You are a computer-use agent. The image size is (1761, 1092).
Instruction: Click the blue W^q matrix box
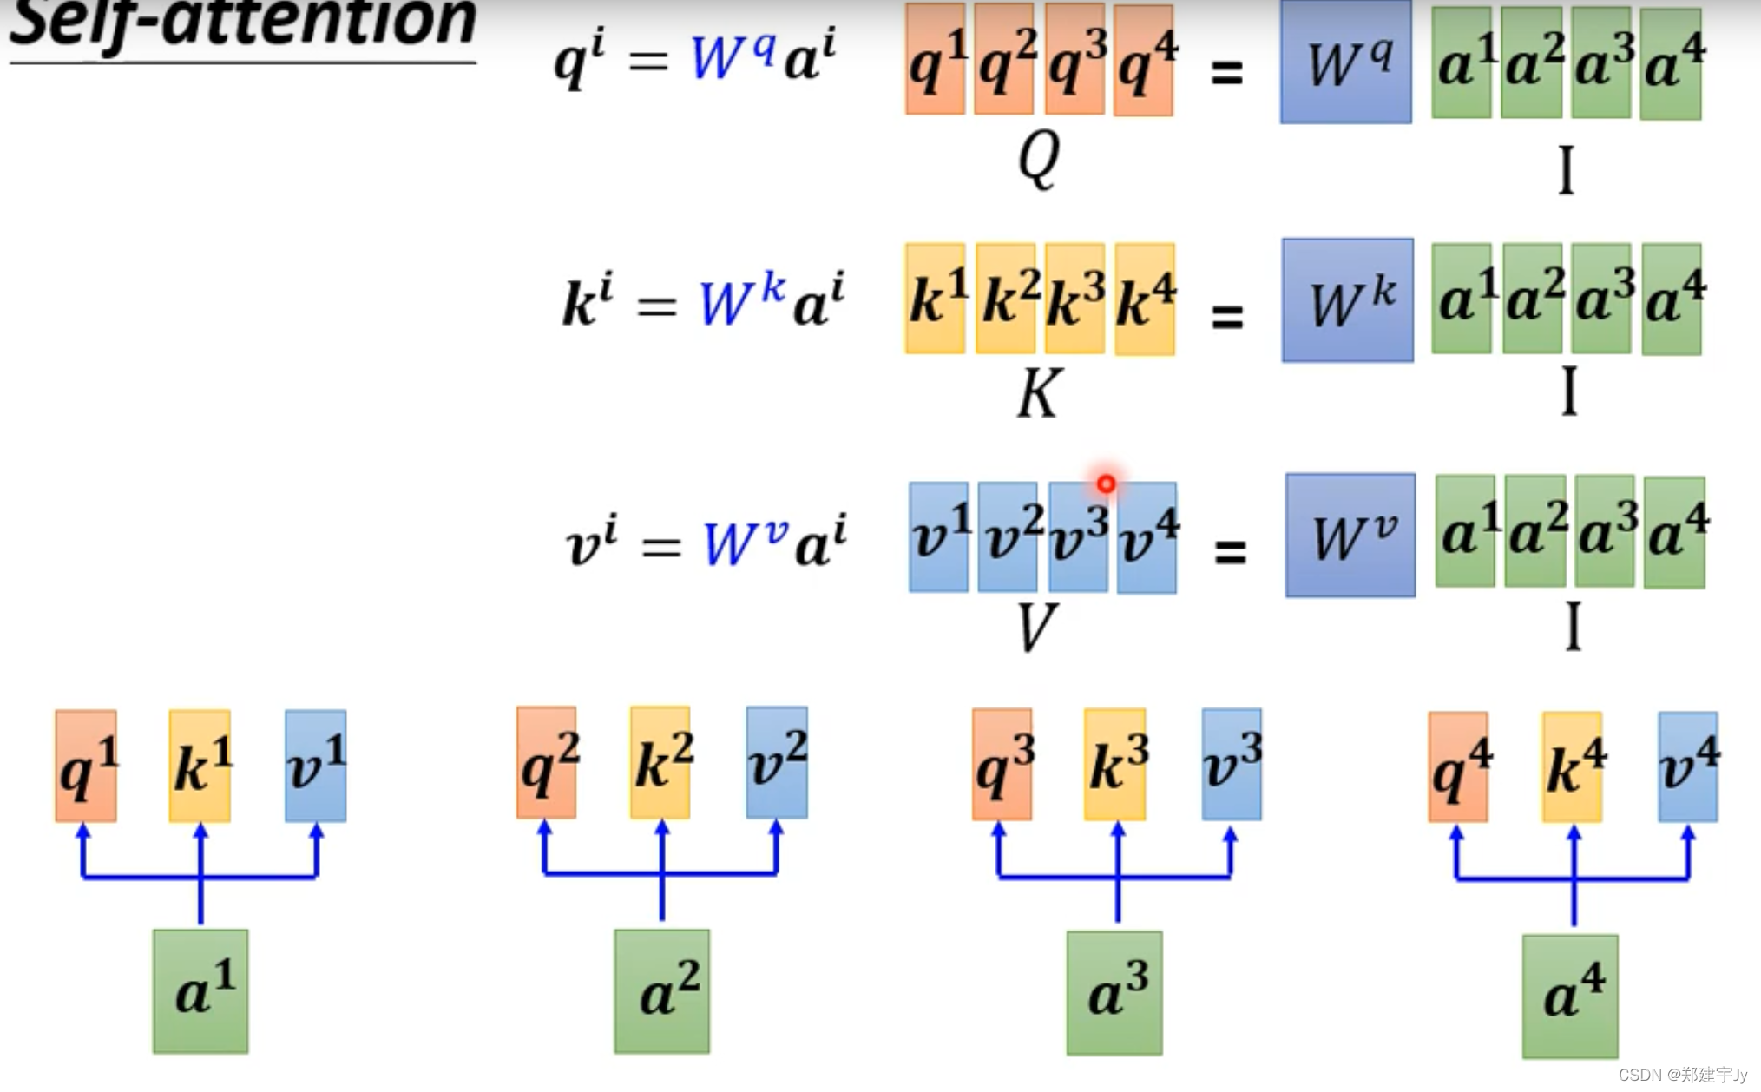pyautogui.click(x=1345, y=62)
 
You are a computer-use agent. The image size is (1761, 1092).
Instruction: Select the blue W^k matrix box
pyautogui.click(x=1347, y=300)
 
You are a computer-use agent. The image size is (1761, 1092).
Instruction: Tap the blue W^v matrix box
pyautogui.click(x=1350, y=536)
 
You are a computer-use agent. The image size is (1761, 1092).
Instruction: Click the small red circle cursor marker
pyautogui.click(x=1106, y=484)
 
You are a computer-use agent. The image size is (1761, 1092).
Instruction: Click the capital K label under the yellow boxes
pyautogui.click(x=1038, y=394)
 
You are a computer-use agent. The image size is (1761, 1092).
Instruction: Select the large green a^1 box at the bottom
pyautogui.click(x=200, y=991)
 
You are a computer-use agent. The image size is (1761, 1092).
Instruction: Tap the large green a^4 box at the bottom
pyautogui.click(x=1570, y=996)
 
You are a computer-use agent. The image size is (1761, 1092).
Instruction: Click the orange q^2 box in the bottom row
pyautogui.click(x=547, y=763)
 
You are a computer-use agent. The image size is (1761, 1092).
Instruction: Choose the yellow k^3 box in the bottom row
pyautogui.click(x=1115, y=764)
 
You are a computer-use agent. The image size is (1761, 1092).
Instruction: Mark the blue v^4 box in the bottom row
pyautogui.click(x=1688, y=766)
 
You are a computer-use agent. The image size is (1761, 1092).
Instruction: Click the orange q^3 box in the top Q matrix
pyautogui.click(x=1074, y=60)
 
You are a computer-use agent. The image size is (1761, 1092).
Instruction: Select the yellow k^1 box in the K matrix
pyautogui.click(x=935, y=299)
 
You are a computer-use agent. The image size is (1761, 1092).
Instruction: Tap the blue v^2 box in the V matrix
pyautogui.click(x=1008, y=537)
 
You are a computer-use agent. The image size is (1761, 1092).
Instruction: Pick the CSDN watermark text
pyautogui.click(x=1682, y=1075)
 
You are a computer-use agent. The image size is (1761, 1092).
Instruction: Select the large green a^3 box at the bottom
pyautogui.click(x=1114, y=993)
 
